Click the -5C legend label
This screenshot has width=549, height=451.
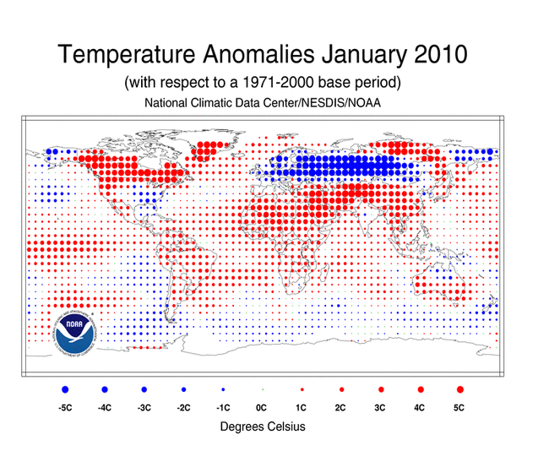tap(65, 408)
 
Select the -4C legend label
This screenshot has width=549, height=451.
tap(105, 408)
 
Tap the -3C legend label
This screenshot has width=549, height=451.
tap(144, 408)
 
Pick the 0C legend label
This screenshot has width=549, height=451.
tap(262, 408)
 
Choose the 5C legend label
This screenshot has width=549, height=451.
tap(459, 408)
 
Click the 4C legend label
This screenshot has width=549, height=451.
tap(420, 408)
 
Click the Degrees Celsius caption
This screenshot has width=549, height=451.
tap(262, 427)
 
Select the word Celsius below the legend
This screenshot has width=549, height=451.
tap(285, 427)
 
